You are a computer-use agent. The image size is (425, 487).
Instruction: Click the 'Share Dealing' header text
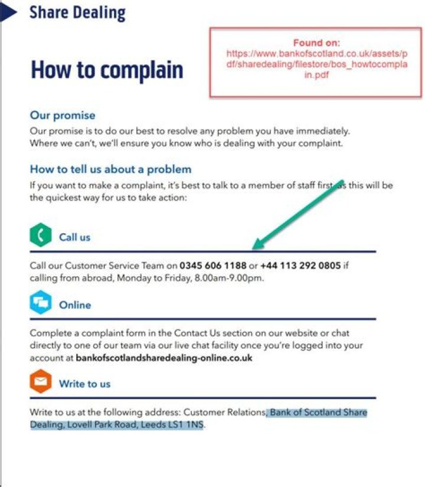click(77, 12)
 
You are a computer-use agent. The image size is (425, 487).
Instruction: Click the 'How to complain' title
click(107, 70)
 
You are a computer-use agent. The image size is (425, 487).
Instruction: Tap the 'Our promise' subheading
click(63, 115)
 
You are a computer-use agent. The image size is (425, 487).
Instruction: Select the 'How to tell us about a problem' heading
click(110, 169)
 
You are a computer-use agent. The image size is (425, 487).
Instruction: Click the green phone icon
click(40, 236)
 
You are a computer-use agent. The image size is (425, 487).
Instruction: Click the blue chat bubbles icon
click(40, 303)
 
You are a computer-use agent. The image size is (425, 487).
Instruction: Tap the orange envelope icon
click(40, 383)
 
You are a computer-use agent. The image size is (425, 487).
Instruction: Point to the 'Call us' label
click(74, 237)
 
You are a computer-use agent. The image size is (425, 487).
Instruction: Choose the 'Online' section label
click(75, 305)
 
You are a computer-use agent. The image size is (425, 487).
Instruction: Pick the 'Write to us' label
click(84, 384)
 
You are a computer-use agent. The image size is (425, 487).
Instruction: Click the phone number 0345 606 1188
click(213, 266)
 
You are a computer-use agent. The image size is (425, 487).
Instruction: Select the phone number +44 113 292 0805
click(300, 266)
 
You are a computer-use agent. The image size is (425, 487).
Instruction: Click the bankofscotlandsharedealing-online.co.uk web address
click(164, 358)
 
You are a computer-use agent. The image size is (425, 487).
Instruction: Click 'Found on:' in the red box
click(316, 43)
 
